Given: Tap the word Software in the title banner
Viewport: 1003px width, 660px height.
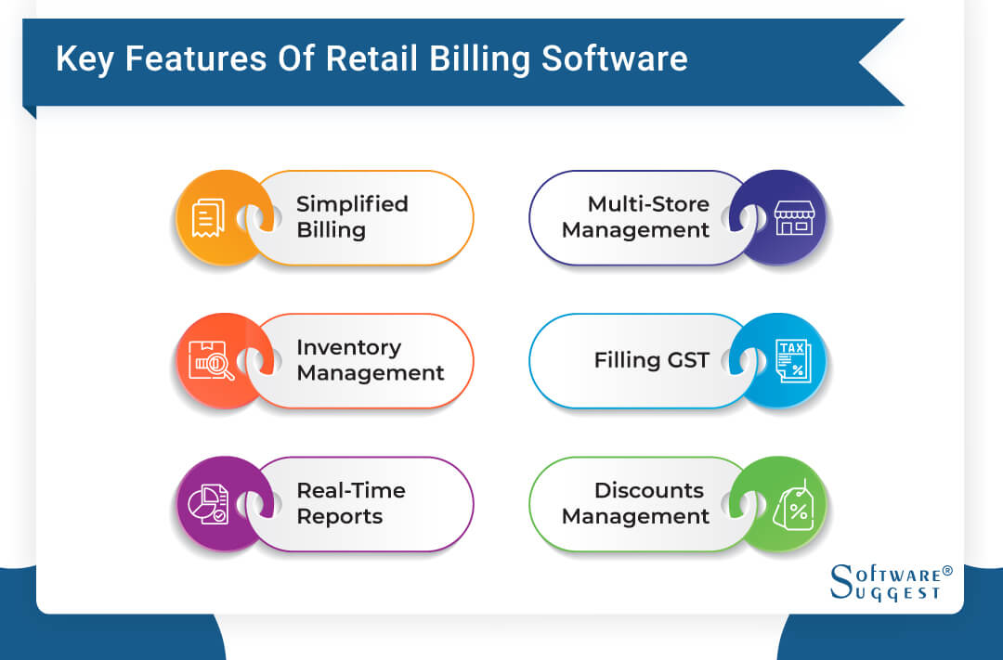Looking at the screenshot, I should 615,58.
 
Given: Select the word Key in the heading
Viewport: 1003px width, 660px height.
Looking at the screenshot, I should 85,58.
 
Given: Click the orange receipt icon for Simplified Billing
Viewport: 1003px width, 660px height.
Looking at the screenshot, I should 208,218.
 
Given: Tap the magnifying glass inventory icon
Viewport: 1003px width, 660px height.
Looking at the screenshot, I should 210,361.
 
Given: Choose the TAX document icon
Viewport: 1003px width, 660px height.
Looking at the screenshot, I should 792,361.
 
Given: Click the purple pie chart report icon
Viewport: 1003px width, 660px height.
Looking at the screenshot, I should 208,504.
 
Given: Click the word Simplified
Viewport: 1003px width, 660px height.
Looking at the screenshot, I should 352,204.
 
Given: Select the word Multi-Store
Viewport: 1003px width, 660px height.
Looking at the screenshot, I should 648,204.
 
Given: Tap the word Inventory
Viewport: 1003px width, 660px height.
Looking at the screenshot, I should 348,347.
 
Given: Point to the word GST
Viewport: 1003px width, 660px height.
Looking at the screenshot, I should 685,360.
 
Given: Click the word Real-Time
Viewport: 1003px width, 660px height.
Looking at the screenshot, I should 351,490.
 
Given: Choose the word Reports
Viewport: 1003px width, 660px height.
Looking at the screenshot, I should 339,517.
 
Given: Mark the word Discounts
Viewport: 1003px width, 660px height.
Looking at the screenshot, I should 649,490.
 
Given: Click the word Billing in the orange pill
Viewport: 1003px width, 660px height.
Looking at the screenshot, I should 331,230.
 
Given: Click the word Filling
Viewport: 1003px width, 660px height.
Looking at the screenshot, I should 624,360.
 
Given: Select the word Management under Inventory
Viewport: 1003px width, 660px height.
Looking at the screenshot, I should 371,373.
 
